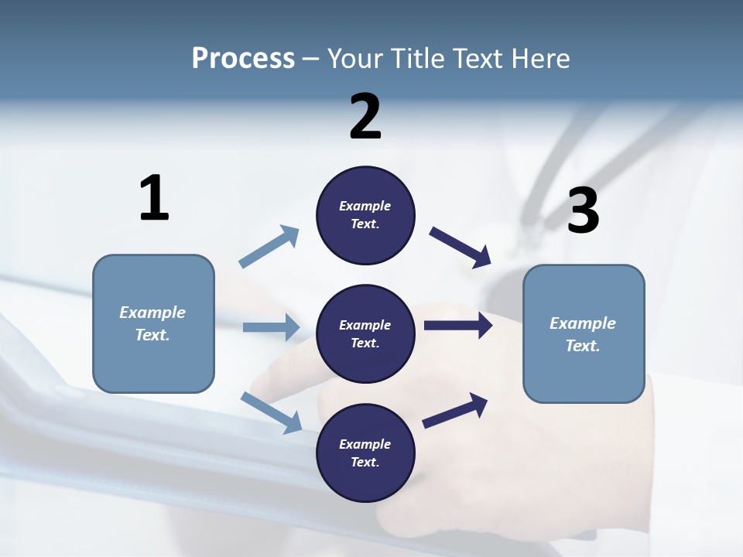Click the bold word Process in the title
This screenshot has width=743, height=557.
[243, 59]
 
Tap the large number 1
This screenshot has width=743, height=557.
[154, 198]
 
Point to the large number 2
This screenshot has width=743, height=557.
[365, 117]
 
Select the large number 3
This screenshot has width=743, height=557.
[583, 211]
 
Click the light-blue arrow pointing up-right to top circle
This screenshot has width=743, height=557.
[269, 248]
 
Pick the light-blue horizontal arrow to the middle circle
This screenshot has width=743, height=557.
[271, 327]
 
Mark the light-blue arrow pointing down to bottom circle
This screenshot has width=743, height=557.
[271, 412]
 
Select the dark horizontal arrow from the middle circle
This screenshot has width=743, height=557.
[458, 326]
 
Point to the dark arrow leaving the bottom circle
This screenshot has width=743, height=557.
[455, 410]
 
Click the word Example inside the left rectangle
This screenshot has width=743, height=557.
[152, 313]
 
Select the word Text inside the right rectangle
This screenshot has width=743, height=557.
[582, 346]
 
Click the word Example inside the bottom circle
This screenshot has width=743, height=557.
[365, 444]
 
